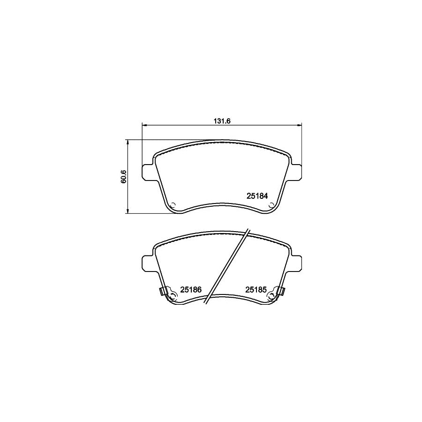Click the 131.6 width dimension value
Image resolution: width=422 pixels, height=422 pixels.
(221, 121)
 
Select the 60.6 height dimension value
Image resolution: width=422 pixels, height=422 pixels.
(123, 177)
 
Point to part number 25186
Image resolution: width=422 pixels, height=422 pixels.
(190, 290)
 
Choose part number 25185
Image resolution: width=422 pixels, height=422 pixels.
(256, 290)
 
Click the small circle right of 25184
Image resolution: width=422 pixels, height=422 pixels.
(271, 204)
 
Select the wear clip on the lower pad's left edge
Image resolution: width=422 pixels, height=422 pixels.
(163, 291)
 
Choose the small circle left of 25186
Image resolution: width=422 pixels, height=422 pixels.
(173, 295)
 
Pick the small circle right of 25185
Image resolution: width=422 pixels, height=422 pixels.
(271, 295)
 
